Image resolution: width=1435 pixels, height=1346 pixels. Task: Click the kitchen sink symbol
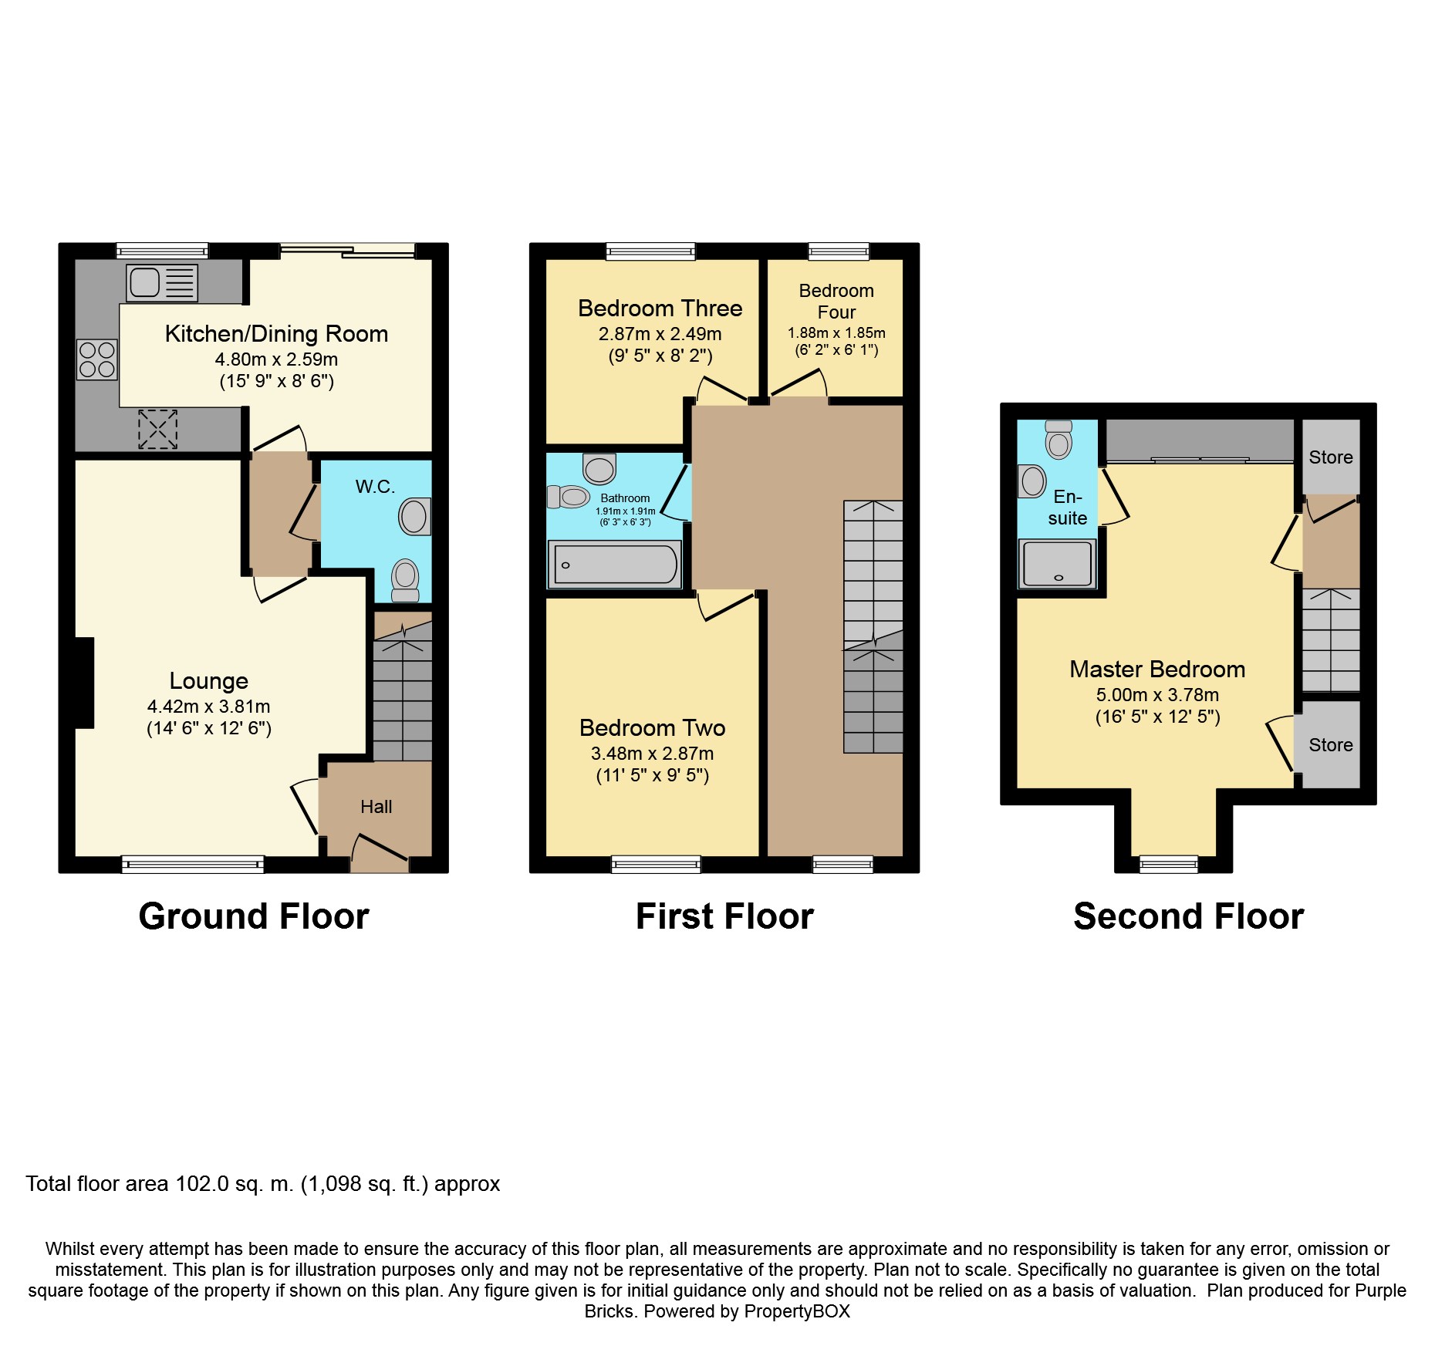(x=162, y=282)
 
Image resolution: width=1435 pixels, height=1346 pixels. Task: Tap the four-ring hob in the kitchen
(x=97, y=359)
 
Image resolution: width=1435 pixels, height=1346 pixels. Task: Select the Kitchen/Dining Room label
(x=276, y=334)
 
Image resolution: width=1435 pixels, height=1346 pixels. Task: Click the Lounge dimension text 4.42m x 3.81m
(x=208, y=707)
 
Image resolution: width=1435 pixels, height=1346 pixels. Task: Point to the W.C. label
(x=375, y=487)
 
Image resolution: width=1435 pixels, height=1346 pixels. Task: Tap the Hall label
(x=376, y=807)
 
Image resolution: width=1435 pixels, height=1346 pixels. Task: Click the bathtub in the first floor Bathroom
(x=614, y=565)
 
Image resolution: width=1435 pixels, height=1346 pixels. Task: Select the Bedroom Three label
(x=660, y=309)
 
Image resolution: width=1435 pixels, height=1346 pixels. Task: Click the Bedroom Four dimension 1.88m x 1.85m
(x=836, y=333)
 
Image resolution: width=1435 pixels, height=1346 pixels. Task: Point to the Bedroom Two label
(x=652, y=728)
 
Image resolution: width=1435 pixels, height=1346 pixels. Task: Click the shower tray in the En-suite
(x=1057, y=564)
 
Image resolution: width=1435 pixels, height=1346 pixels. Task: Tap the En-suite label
(x=1067, y=508)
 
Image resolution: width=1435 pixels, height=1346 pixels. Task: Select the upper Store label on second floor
(x=1330, y=457)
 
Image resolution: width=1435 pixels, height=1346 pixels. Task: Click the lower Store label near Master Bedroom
(x=1330, y=745)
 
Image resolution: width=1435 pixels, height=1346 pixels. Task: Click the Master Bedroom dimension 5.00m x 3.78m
(x=1157, y=695)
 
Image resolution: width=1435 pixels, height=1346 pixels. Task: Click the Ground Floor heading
(x=253, y=916)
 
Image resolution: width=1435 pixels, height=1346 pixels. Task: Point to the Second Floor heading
(x=1188, y=916)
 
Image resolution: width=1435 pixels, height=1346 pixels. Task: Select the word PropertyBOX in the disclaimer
(x=797, y=1311)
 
